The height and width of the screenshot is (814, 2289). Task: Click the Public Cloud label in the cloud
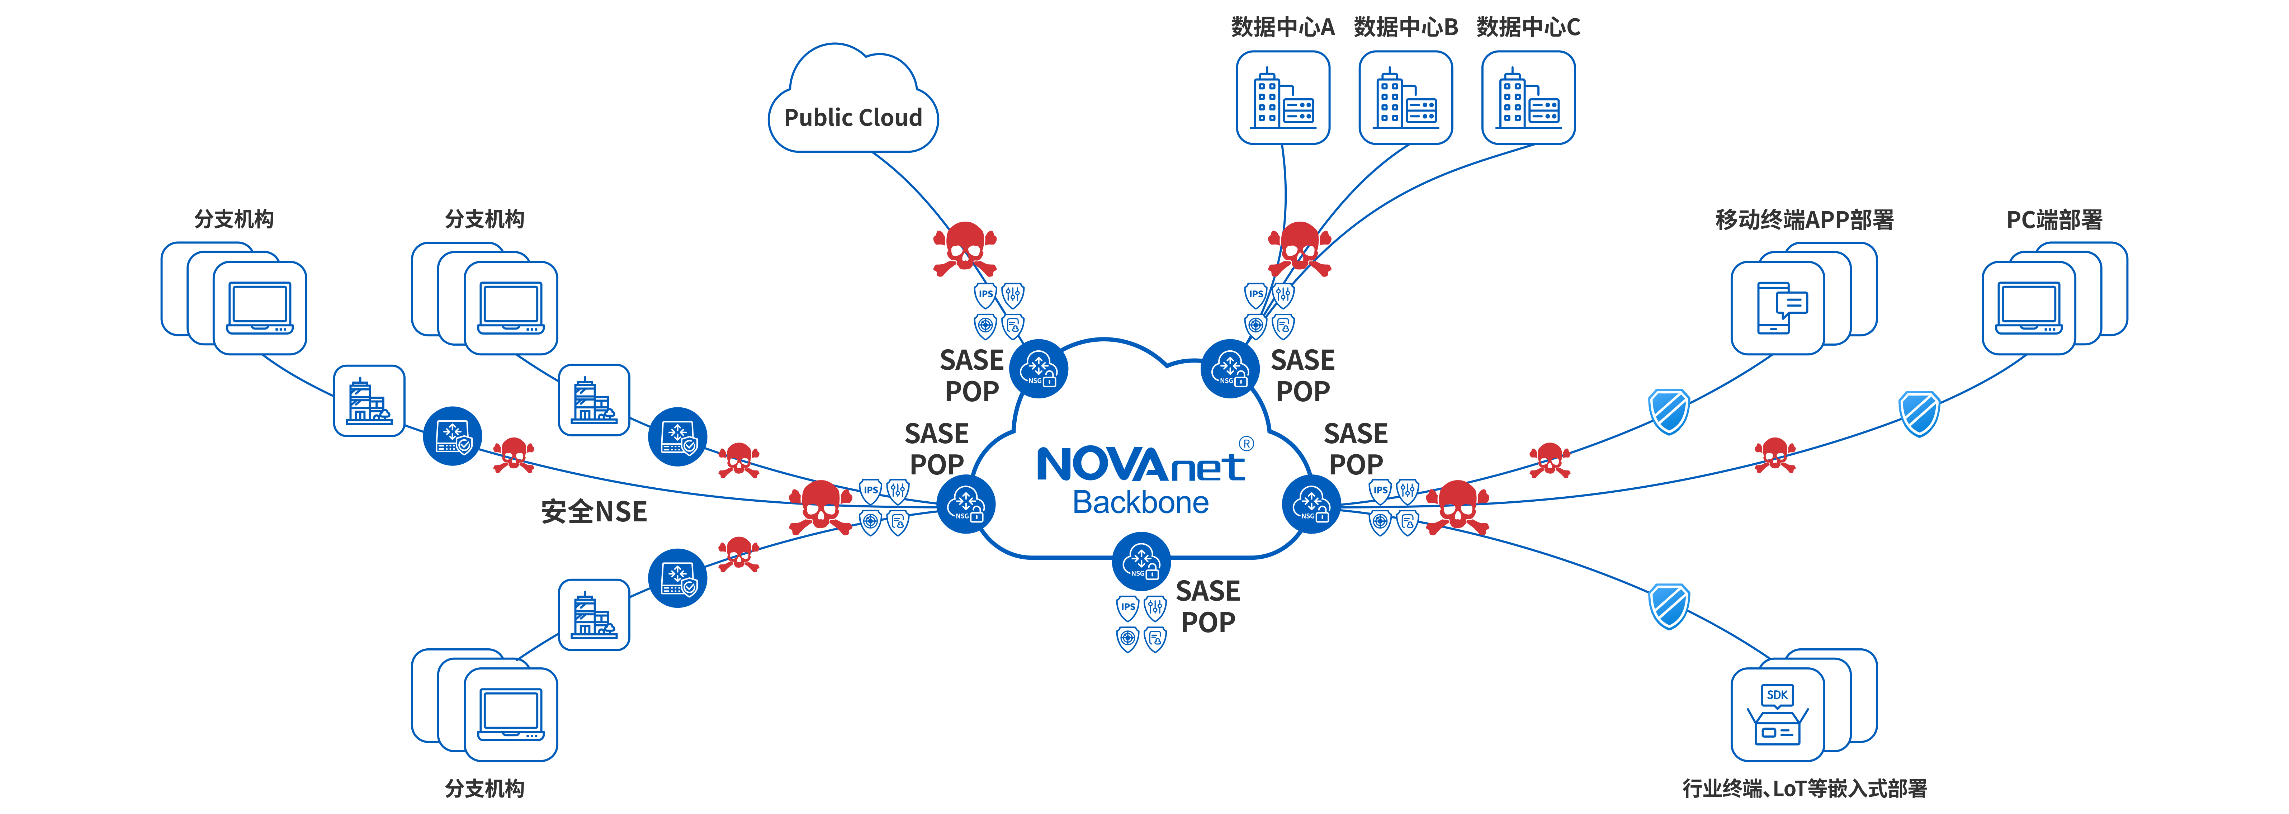853,117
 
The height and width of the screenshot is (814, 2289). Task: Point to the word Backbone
1141,503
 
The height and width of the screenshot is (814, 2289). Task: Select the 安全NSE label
593,512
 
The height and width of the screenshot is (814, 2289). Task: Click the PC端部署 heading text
2054,219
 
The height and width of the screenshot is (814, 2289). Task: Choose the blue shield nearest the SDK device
1669,606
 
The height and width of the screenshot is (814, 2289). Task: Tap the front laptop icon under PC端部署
2029,307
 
